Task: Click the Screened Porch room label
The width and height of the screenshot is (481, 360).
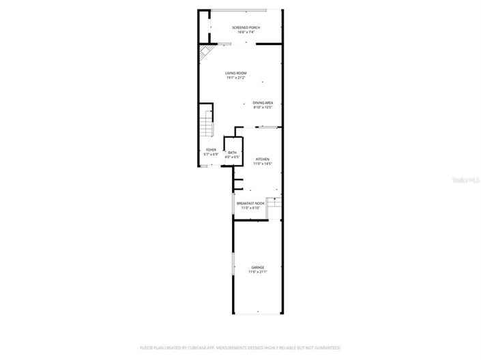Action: [246, 27]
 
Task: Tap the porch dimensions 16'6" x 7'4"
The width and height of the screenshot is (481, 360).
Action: [246, 32]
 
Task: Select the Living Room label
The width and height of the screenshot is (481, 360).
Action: [236, 73]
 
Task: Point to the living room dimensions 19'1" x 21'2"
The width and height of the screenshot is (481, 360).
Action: [236, 78]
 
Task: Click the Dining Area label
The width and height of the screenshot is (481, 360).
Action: [263, 103]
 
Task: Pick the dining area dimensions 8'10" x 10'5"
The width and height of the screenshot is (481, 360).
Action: [263, 108]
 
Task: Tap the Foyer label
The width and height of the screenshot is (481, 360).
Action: [211, 150]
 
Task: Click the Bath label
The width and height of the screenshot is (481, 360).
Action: [232, 153]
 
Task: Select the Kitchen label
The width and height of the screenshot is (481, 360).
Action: [263, 159]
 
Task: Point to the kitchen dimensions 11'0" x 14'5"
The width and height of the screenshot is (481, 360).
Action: [263, 164]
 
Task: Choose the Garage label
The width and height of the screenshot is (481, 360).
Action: [257, 267]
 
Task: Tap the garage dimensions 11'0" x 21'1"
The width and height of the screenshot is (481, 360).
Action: [257, 272]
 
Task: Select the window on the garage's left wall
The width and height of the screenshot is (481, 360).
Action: [233, 263]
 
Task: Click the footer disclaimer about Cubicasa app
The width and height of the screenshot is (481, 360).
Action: [240, 348]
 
